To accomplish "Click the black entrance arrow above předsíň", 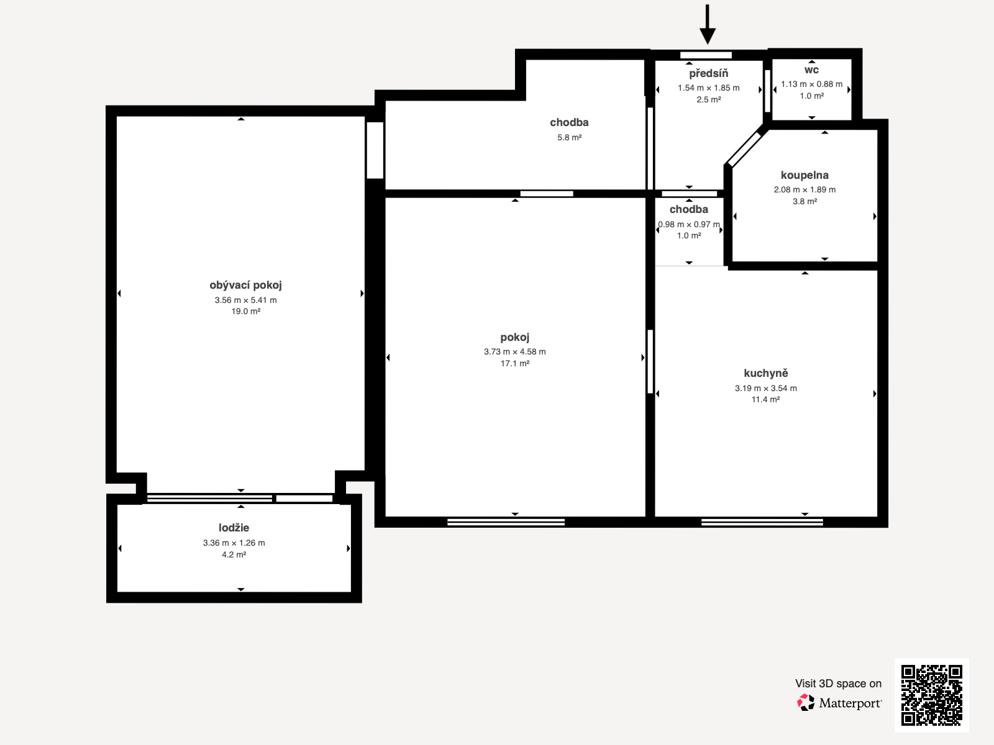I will [707, 25].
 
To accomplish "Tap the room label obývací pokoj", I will [245, 285].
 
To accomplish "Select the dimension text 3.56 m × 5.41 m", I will [245, 300].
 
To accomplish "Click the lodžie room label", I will [234, 528].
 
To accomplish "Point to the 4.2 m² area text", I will [234, 554].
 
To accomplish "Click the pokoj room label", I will [514, 337].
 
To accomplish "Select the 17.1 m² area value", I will [514, 363].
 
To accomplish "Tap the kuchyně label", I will [765, 373].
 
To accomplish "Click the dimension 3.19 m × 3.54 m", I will [765, 388].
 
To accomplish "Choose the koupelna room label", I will [805, 175].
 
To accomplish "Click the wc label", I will [811, 70].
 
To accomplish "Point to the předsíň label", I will [708, 73].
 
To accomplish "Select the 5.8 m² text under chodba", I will [569, 137].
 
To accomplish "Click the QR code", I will [931, 695].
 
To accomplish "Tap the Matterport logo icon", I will [806, 702].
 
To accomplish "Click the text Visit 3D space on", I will [838, 684].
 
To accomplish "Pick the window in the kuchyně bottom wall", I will [762, 522].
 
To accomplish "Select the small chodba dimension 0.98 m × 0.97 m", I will [688, 224].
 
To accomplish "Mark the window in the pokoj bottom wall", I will [506, 522].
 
